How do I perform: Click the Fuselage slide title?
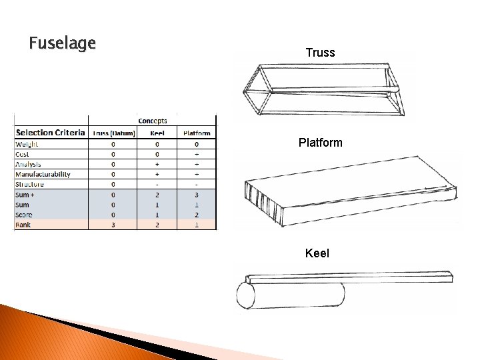(x=63, y=44)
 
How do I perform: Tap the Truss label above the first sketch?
(x=320, y=52)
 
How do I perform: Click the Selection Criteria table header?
(x=51, y=133)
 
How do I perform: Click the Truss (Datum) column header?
(x=113, y=133)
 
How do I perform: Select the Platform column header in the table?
(x=197, y=133)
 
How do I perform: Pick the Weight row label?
(x=27, y=143)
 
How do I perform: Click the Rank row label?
(x=23, y=225)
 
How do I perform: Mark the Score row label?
(x=25, y=215)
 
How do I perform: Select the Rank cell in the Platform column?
(x=197, y=225)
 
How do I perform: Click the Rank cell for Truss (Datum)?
(x=113, y=225)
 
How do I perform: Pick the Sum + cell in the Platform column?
(x=197, y=194)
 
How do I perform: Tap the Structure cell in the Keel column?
(x=157, y=184)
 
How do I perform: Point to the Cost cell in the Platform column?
(x=197, y=153)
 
